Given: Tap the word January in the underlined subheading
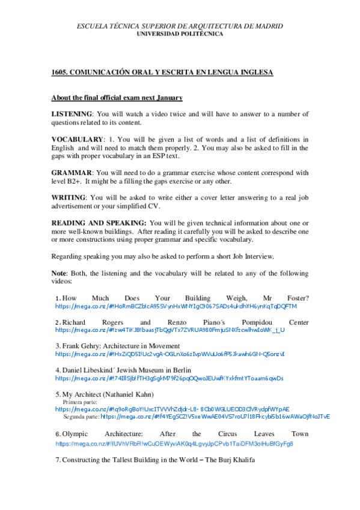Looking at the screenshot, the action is coord(167,97).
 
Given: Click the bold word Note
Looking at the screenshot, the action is coord(59,273).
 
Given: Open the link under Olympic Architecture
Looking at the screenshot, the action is coord(174,443).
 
